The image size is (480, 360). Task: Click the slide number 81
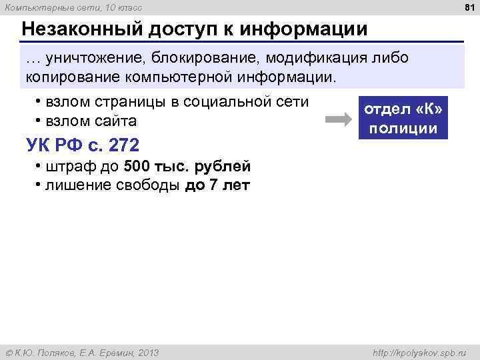click(468, 7)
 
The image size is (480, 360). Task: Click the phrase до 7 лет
click(217, 185)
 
